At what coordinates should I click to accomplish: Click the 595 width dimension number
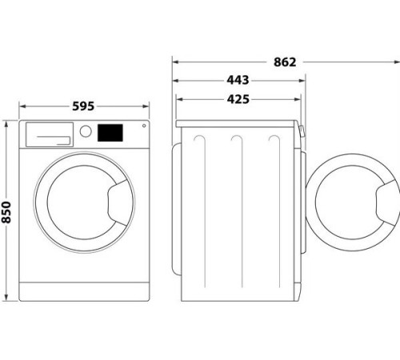pos(84,106)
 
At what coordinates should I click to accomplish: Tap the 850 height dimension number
pos(8,211)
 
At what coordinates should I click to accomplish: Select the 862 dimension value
pos(285,62)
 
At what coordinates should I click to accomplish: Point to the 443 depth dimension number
pos(238,80)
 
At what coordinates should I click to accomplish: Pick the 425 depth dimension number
pos(238,99)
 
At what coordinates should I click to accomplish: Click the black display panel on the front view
pos(111,132)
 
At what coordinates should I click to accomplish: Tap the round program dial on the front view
pos(85,131)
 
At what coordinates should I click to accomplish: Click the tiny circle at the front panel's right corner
pos(143,125)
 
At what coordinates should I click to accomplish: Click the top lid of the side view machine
pos(238,122)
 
